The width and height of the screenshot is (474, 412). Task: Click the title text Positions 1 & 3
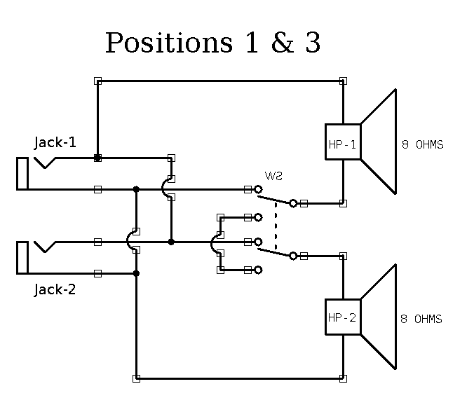(x=212, y=43)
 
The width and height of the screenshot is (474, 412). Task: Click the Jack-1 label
(x=55, y=143)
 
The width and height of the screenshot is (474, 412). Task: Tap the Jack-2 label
(x=55, y=289)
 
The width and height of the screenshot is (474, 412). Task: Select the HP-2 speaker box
(x=343, y=317)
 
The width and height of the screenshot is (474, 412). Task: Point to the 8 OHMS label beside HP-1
(x=422, y=145)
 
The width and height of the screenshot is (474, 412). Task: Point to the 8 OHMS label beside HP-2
(x=421, y=319)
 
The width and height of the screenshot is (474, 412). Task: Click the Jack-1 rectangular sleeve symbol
(x=22, y=173)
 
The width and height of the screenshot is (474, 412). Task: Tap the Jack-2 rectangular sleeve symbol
(x=22, y=257)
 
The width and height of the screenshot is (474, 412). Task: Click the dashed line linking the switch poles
(x=275, y=228)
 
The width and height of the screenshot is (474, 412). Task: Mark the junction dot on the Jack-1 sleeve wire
(x=136, y=189)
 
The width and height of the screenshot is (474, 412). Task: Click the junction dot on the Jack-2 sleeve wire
(x=136, y=273)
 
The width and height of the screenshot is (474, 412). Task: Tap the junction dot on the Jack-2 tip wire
(x=171, y=242)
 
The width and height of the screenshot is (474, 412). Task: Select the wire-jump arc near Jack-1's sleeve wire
(x=165, y=188)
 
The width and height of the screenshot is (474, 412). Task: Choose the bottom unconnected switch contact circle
(x=258, y=270)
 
